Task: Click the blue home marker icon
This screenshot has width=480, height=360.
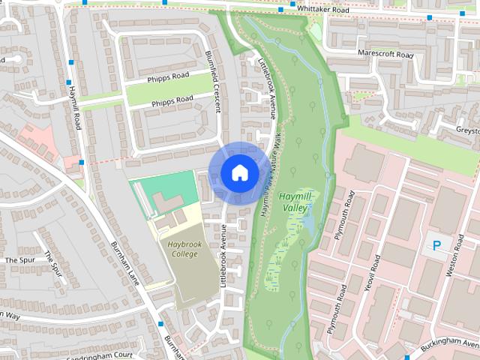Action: (x=238, y=172)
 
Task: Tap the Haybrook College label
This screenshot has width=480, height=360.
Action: (x=178, y=249)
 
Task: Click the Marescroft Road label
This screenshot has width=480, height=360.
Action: (x=385, y=55)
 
